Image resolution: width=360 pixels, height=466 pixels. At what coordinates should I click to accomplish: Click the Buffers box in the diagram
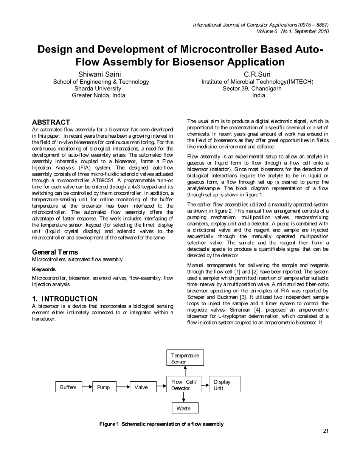68,387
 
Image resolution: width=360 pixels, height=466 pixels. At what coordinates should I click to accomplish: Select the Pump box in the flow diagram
104,387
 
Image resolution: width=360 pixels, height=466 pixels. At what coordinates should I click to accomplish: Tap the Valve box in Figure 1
141,387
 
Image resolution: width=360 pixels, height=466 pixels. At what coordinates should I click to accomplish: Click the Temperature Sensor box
185,358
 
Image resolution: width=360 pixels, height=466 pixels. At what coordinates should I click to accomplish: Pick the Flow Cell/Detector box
184,384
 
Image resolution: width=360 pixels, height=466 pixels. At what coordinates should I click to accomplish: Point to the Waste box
184,408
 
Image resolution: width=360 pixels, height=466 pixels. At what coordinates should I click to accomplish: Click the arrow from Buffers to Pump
87,387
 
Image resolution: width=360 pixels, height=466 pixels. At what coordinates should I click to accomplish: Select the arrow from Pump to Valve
123,387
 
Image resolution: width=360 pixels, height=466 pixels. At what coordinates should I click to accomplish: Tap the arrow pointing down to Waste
184,397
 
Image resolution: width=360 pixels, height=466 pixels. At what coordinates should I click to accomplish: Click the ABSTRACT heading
51,122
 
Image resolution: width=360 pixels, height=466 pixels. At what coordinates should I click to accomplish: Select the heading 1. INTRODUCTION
65,299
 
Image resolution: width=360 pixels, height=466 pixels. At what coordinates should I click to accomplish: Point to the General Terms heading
55,252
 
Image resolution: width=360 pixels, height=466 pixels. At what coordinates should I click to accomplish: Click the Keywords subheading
44,269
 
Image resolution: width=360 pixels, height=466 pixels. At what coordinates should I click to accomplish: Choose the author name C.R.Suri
257,75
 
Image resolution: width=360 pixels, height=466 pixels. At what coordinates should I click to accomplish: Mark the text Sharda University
98,89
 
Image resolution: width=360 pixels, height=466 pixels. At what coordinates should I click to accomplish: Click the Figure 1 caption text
161,424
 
